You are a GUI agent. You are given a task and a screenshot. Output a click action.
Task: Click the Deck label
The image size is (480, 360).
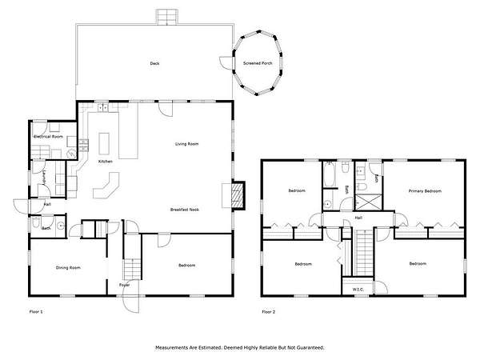click(x=154, y=63)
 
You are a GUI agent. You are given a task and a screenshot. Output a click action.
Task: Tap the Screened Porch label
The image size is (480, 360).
click(x=258, y=63)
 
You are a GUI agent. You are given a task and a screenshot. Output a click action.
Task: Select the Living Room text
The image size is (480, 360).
click(x=186, y=144)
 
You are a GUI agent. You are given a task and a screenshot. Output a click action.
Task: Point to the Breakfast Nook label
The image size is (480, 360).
click(x=185, y=210)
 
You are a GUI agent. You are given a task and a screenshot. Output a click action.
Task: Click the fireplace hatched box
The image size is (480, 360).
click(x=238, y=196)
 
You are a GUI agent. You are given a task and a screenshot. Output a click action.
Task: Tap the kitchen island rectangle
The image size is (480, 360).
click(x=104, y=143)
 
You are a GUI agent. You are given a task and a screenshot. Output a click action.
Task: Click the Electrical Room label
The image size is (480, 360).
click(x=48, y=137)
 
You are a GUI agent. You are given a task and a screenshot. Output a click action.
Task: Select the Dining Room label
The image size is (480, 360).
click(x=68, y=268)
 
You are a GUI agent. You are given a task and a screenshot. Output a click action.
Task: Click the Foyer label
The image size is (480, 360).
click(x=124, y=285)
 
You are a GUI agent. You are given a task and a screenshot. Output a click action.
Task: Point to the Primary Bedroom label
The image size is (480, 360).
click(x=425, y=191)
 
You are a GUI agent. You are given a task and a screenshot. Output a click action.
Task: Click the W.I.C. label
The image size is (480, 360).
click(x=358, y=290)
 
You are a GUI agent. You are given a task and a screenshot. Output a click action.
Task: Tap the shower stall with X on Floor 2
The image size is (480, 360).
click(x=368, y=202)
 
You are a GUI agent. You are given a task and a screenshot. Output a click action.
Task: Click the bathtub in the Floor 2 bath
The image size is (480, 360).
click(x=330, y=174)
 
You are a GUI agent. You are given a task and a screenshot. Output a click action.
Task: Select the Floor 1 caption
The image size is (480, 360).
click(x=36, y=312)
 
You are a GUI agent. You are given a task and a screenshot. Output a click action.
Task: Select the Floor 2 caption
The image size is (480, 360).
click(x=269, y=312)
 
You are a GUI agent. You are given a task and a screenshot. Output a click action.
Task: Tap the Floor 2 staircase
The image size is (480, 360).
click(x=363, y=252)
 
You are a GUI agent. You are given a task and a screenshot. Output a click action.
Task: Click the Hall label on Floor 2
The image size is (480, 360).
click(x=358, y=218)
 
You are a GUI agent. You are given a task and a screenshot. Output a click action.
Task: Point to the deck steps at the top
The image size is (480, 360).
click(x=167, y=17)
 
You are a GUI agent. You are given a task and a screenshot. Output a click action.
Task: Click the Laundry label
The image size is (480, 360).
click(x=44, y=178)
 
